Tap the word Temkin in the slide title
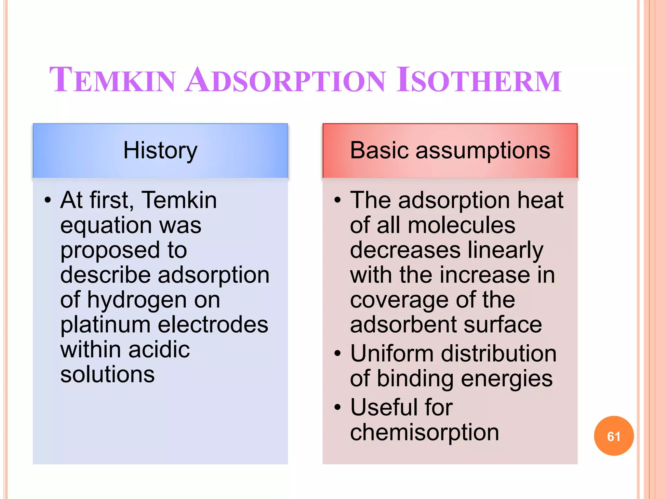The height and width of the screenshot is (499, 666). pos(113,80)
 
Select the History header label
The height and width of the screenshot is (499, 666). pos(160,150)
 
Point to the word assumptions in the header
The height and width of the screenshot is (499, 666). pos(483,151)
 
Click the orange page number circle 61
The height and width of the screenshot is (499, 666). pos(614,436)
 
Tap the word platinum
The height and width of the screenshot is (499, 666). pos(105,325)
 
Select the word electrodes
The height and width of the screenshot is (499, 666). pos(213,325)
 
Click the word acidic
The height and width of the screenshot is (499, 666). pos(159,350)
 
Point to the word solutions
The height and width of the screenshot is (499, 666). pos(107,374)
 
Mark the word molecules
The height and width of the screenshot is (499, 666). pos(461,225)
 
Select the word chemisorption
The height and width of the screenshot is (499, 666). pos(424,433)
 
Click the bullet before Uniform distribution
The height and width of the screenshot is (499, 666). pos(338,353)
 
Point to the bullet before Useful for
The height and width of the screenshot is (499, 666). pos(338,407)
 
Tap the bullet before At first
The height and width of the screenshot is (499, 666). pos(48,200)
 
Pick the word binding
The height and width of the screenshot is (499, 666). pos(415,379)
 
